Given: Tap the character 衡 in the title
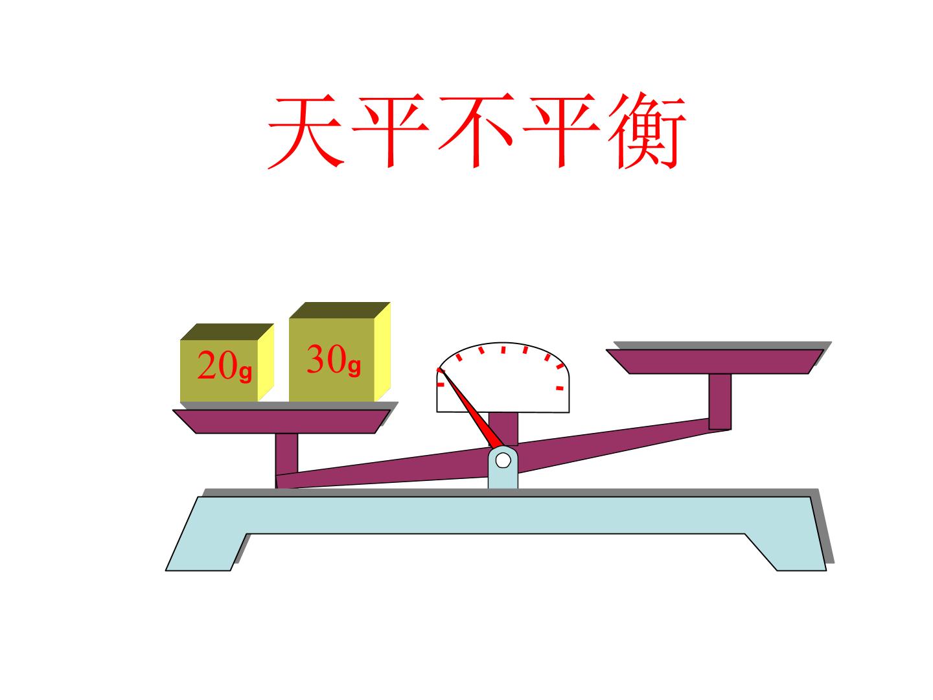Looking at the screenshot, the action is [647, 130].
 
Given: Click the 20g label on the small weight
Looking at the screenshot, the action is [224, 366].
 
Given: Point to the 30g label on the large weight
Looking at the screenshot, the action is [334, 359].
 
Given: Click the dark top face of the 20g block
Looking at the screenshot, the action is [227, 332].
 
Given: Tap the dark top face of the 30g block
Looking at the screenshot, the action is [340, 310].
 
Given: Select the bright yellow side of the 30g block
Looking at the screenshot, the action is [382, 352].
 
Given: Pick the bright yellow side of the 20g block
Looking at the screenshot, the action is [266, 362].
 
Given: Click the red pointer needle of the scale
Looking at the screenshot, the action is [470, 408].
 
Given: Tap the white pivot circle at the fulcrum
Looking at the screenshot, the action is [503, 460].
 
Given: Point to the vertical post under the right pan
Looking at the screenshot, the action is [720, 402].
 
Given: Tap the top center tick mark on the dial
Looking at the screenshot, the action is [503, 350].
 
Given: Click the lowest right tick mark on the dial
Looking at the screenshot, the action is [560, 388].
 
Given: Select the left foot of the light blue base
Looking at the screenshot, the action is [205, 552].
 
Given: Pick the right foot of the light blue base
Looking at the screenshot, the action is [787, 552].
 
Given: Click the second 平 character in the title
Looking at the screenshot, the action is [561, 130].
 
